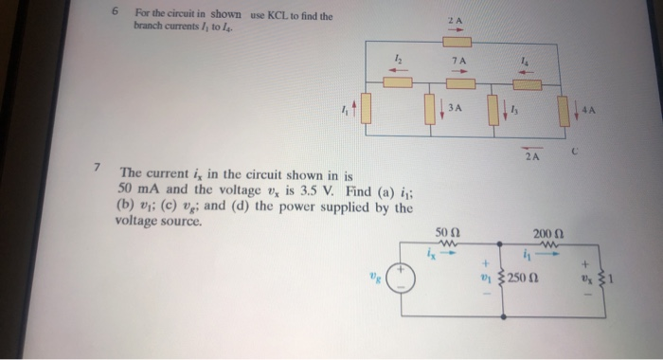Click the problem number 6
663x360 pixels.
(114, 13)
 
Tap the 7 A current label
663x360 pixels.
(459, 61)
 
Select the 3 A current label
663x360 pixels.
(455, 108)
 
